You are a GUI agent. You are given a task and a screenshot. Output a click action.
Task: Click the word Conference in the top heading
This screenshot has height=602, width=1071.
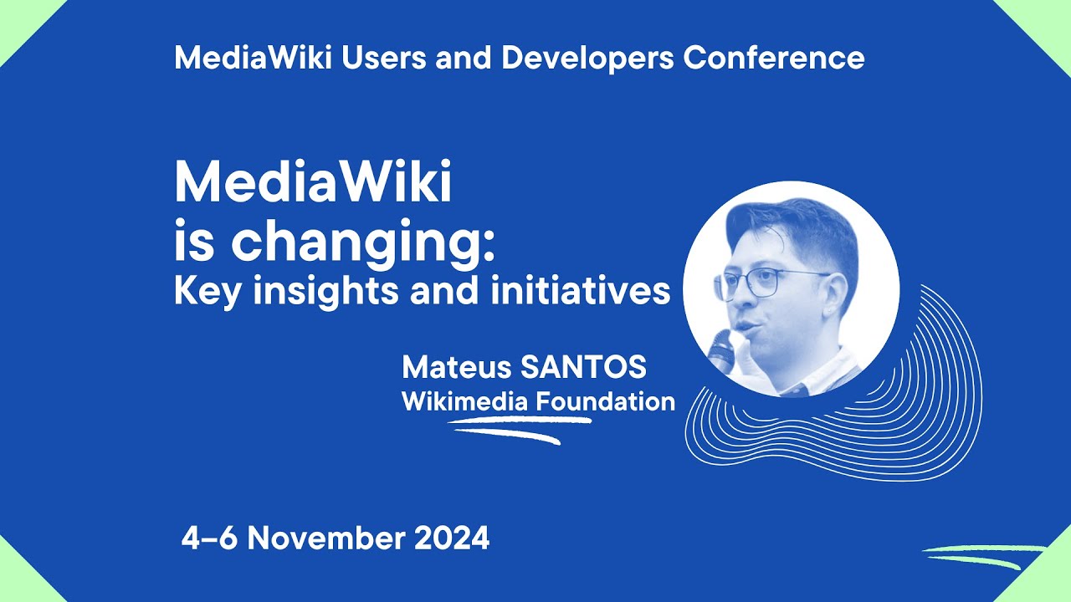pyautogui.click(x=774, y=59)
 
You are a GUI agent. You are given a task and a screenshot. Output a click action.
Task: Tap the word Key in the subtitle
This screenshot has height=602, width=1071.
pyautogui.click(x=199, y=293)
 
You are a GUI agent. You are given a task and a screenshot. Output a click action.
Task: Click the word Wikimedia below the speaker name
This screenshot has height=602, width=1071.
pyautogui.click(x=464, y=401)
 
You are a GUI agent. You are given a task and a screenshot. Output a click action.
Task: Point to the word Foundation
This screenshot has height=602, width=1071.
pyautogui.click(x=606, y=401)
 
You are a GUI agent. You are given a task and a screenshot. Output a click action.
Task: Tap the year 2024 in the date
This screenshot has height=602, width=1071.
pyautogui.click(x=453, y=538)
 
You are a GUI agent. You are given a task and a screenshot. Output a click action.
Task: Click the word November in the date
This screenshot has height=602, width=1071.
pyautogui.click(x=325, y=538)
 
